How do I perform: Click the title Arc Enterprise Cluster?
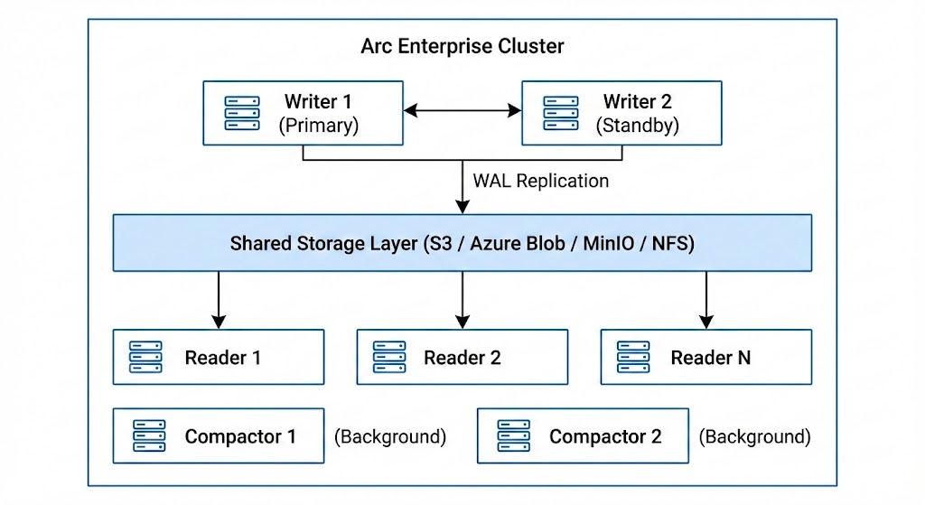click(x=462, y=46)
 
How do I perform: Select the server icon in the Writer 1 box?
click(x=241, y=113)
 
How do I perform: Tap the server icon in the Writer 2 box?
click(x=560, y=113)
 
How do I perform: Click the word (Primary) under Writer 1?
click(x=318, y=126)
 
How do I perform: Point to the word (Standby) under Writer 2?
click(x=637, y=126)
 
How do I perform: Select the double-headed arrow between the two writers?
click(x=462, y=111)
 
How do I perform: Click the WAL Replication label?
click(x=541, y=181)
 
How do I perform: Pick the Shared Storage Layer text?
click(x=462, y=243)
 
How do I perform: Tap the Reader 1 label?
click(x=222, y=358)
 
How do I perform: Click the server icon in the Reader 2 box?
click(x=389, y=357)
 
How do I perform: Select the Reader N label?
click(x=710, y=358)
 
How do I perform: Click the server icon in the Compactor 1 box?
click(x=146, y=436)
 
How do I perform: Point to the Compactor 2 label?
click(x=605, y=437)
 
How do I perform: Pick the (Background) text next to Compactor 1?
click(x=390, y=437)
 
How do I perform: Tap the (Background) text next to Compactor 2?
click(x=754, y=437)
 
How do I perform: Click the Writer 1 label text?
click(x=318, y=101)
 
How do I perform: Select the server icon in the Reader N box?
click(x=633, y=357)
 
